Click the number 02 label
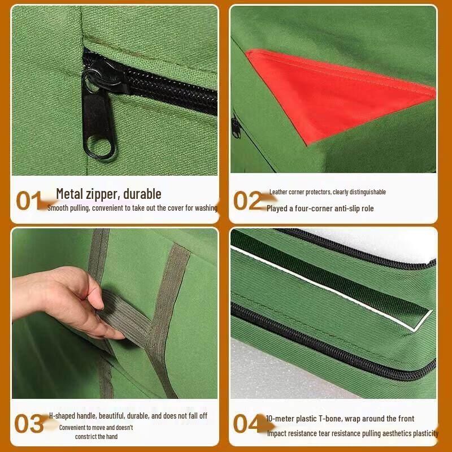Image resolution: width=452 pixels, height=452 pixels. coord(247,201)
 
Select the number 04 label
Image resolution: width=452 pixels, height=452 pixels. coord(247,424)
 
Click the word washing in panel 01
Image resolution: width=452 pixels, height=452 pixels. coord(205,208)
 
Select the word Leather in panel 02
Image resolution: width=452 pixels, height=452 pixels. coord(279,192)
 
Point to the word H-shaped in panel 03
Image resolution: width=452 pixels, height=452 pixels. coord(63,416)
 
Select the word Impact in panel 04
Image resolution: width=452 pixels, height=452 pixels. coord(277,433)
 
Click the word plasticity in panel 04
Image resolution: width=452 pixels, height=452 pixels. coord(423,433)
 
